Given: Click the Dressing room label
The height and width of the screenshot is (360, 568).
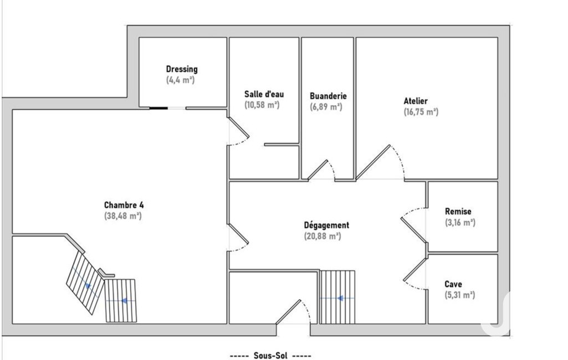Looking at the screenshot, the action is pyautogui.click(x=182, y=69).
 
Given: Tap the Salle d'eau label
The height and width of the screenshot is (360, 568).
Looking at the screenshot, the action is pyautogui.click(x=264, y=94).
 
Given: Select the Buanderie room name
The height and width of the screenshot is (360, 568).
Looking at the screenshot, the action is pyautogui.click(x=328, y=96).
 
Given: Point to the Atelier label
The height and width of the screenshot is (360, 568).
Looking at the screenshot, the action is pyautogui.click(x=416, y=101).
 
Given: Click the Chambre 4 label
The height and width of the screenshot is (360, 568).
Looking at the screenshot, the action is pyautogui.click(x=124, y=205).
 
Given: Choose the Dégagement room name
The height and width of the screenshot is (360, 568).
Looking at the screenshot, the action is pyautogui.click(x=326, y=225).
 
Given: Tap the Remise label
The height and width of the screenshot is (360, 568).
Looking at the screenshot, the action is pyautogui.click(x=458, y=211).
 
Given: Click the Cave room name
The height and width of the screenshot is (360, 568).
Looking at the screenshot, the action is pyautogui.click(x=453, y=284).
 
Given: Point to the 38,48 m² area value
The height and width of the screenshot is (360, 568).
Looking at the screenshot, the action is pyautogui.click(x=123, y=216).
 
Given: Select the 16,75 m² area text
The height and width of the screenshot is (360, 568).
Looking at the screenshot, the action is pyautogui.click(x=421, y=112).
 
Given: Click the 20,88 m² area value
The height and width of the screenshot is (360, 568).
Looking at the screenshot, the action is pyautogui.click(x=323, y=236).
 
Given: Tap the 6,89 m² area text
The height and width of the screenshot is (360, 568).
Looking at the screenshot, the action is pyautogui.click(x=326, y=107).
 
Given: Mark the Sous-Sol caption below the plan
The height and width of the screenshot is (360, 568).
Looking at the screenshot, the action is pyautogui.click(x=270, y=356).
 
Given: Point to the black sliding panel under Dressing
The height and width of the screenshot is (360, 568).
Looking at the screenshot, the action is pyautogui.click(x=158, y=108).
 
